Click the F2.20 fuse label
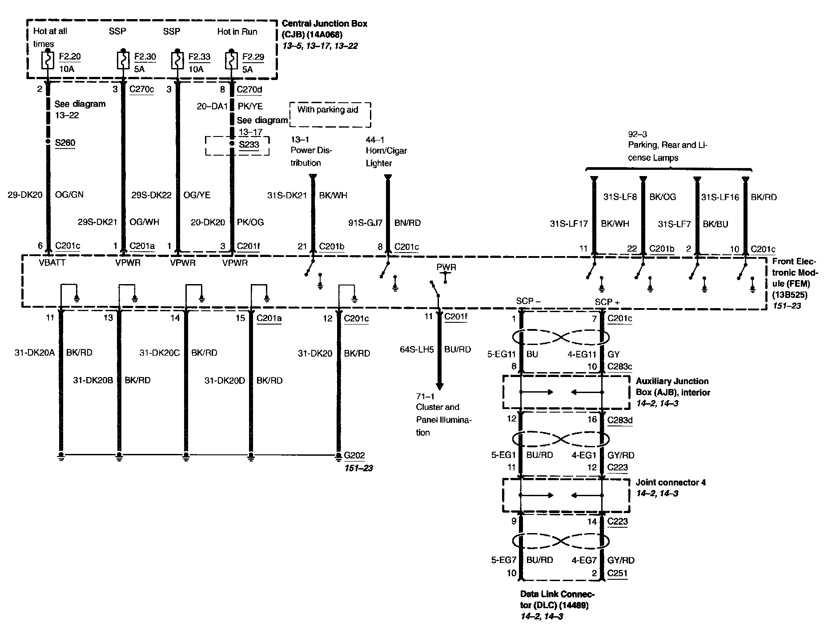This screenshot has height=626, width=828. (x=70, y=57)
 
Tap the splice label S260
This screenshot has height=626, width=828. (x=65, y=143)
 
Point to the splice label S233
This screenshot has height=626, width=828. (x=249, y=145)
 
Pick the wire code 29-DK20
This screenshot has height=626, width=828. (x=25, y=195)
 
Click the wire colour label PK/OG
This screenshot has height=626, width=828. (x=250, y=222)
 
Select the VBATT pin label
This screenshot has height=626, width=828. (x=52, y=263)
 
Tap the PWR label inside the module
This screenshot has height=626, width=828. (x=446, y=268)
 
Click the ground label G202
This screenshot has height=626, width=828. (x=354, y=455)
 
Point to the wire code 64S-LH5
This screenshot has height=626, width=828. (x=417, y=350)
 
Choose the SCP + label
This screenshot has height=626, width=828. (x=607, y=302)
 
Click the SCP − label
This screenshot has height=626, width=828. (x=528, y=301)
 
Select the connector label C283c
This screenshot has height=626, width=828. (x=619, y=367)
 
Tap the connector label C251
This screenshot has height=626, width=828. (x=617, y=574)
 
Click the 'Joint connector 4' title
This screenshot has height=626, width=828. (x=671, y=482)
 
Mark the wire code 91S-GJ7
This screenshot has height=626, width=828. (x=365, y=223)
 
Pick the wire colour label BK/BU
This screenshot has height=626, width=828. (x=715, y=225)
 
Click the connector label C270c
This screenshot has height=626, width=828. (x=141, y=89)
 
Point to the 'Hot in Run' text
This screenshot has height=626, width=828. (x=237, y=32)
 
